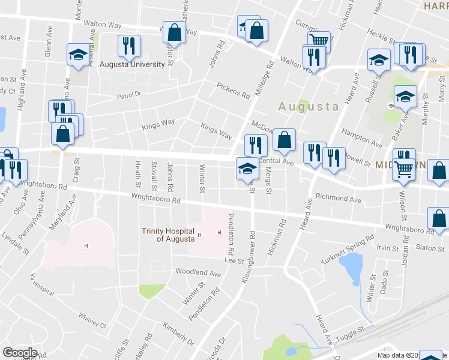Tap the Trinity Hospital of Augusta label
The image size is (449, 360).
click(169, 235)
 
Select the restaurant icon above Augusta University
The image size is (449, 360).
click(129, 46)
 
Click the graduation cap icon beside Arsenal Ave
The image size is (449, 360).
click(78, 56)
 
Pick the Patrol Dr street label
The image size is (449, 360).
click(128, 95)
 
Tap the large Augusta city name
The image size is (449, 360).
click(309, 106)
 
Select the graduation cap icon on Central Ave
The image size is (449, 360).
click(247, 169)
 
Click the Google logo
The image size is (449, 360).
click(19, 353)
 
